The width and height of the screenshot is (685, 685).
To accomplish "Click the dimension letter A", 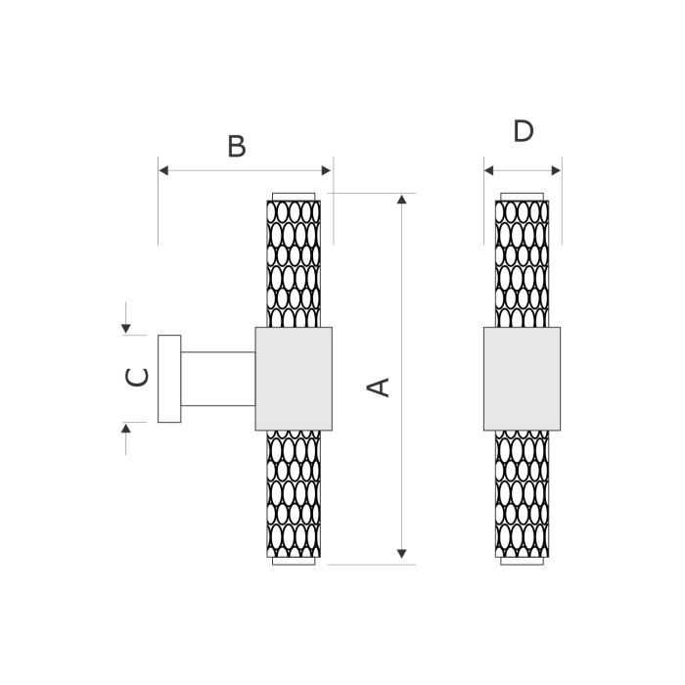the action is [379, 388].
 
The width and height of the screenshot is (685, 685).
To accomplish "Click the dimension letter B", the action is [237, 147].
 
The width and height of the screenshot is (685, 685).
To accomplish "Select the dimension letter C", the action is [137, 378].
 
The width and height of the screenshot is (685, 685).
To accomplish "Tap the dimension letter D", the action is [524, 131].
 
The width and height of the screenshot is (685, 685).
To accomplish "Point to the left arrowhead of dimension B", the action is [163, 170].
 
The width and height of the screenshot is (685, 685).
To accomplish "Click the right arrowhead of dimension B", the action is [326, 170].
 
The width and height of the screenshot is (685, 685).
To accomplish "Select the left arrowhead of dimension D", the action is [489, 170].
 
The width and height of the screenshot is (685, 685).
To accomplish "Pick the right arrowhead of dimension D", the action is [556, 170].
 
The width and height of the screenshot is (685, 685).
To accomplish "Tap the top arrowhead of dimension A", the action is [402, 200].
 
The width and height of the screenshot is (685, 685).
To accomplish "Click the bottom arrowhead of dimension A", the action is [402, 554].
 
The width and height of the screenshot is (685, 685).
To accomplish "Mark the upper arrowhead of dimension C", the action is [126, 329].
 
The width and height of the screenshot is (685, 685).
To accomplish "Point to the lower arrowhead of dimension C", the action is [126, 429].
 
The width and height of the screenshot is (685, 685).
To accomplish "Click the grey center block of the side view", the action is [294, 379].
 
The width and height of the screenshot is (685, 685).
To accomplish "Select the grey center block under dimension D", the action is [522, 379].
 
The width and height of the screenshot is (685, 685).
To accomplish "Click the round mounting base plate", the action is [169, 379].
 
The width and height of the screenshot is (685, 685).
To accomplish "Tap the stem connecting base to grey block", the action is [218, 379].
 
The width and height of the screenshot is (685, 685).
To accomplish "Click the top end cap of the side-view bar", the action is [294, 197].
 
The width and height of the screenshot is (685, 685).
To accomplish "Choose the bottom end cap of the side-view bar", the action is [294, 561].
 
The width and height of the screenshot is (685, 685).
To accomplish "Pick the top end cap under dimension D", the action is [522, 197].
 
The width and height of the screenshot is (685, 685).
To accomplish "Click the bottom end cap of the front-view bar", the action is [522, 561].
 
